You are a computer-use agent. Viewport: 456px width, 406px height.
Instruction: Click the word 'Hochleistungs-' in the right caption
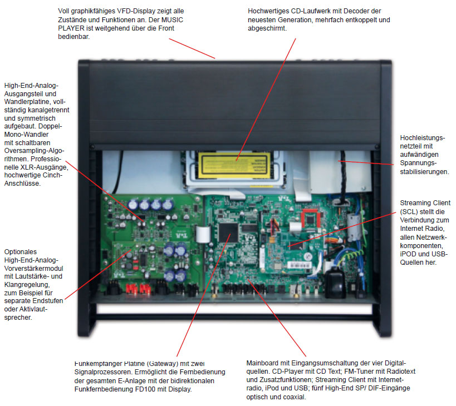(423, 137)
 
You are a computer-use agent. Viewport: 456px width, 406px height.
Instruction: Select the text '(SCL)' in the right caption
(410, 212)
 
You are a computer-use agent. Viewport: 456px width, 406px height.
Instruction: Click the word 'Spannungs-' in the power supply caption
(418, 164)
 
